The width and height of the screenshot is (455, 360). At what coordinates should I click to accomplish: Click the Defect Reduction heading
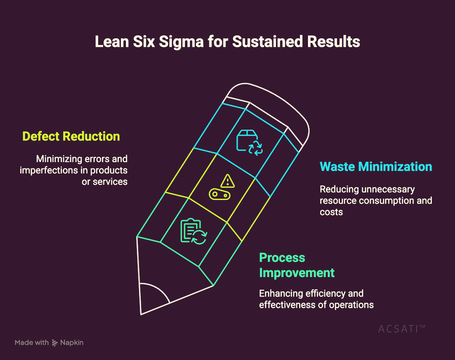click(x=71, y=136)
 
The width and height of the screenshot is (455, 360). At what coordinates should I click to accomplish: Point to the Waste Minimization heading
click(x=376, y=166)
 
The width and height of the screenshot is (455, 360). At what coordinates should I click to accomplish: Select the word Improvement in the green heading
click(x=297, y=272)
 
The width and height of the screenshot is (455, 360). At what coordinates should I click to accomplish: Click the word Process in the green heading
click(x=282, y=258)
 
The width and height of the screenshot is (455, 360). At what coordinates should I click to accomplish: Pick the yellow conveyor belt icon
click(x=219, y=195)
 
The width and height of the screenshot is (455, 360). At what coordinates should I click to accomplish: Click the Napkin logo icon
click(x=55, y=343)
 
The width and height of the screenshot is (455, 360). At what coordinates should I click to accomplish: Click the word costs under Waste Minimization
click(x=331, y=212)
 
